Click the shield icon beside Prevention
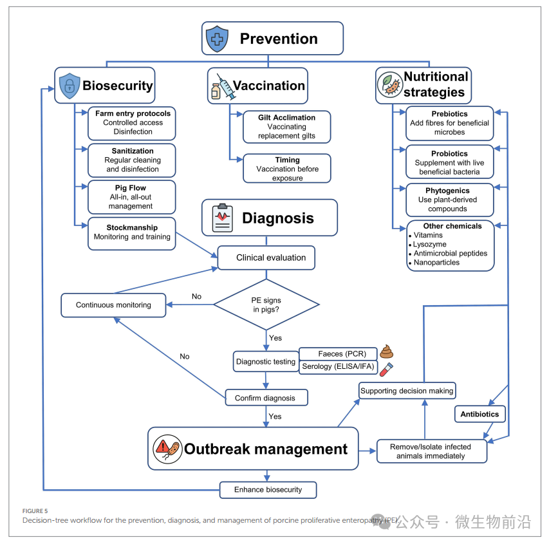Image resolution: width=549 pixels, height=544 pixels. tap(217, 39)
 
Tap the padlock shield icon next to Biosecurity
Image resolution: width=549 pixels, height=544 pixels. tap(69, 86)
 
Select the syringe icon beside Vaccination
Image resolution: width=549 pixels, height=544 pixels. tap(220, 86)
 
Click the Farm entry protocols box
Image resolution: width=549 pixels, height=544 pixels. tap(131, 122)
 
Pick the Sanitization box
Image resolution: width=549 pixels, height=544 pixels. tap(131, 160)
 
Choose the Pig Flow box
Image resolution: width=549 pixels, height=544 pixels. tap(131, 197)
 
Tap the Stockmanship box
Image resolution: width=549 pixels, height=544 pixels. tap(131, 232)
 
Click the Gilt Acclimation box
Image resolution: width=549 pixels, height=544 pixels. tap(286, 127)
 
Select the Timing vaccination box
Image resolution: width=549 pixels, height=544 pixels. tap(286, 169)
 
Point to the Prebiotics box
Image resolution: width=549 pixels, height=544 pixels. tap(450, 123)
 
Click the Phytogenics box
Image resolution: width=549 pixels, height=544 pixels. tap(450, 200)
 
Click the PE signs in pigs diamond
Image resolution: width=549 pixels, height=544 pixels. tap(266, 305)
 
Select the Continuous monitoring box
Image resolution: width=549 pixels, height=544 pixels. tap(113, 305)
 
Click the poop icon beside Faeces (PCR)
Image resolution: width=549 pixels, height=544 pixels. tap(386, 352)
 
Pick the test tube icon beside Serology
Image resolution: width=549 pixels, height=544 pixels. tap(386, 369)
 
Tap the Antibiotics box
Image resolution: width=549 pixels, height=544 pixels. tap(479, 414)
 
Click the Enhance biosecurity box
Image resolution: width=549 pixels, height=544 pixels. tap(268, 490)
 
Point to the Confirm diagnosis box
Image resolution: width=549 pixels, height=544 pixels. tap(265, 398)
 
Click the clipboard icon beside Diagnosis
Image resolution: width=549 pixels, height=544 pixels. tap(222, 218)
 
